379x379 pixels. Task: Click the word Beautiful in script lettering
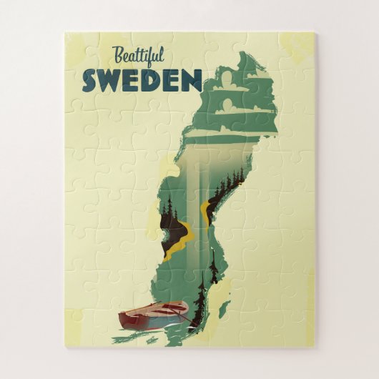pyautogui.click(x=137, y=56)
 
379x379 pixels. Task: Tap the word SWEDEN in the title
pyautogui.click(x=142, y=80)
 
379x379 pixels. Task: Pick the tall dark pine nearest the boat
pyautogui.click(x=200, y=300)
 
